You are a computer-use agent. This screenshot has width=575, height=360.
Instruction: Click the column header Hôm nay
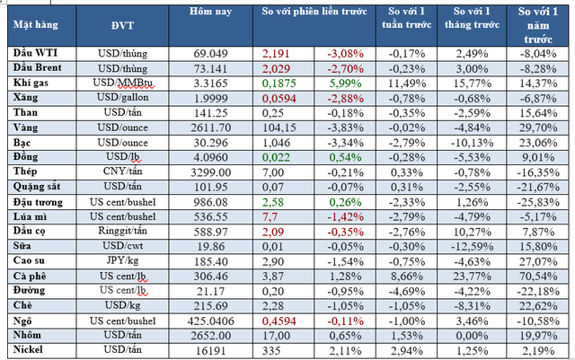[x=211, y=13]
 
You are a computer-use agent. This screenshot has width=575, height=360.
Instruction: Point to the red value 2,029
[x=276, y=68]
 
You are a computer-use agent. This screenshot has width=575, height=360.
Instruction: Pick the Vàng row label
[x=28, y=128]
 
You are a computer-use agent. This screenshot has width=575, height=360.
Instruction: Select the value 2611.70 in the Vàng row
[x=212, y=128]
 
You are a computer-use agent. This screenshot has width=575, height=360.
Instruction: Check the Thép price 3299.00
[x=212, y=171]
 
